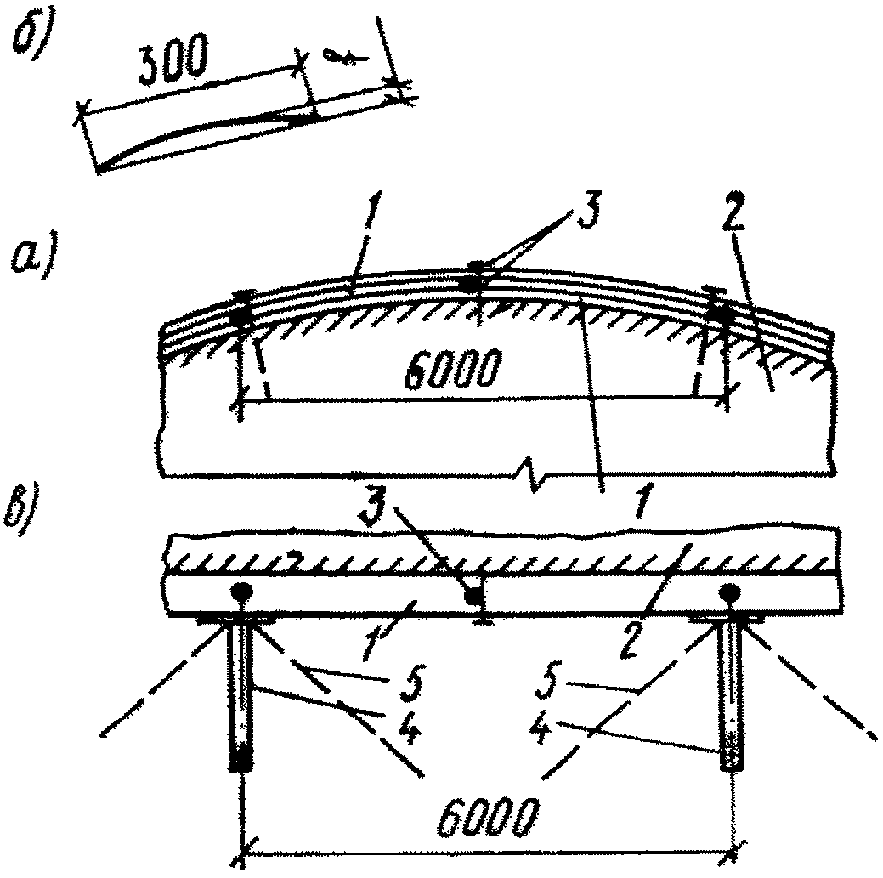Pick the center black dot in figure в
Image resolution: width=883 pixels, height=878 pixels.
coord(472,597)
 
